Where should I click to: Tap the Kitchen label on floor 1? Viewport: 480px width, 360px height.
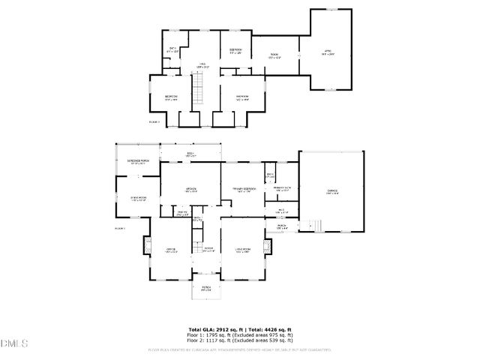[191, 189]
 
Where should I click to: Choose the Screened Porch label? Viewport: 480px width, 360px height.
[138, 161]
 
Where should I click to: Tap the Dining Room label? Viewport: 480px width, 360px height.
[138, 198]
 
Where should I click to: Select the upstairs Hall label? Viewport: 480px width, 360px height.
[202, 65]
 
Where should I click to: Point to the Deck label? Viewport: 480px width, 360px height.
[191, 155]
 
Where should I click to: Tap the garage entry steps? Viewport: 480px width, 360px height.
[316, 225]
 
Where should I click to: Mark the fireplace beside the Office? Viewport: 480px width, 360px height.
[147, 245]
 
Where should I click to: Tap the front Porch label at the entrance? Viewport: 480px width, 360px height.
[205, 287]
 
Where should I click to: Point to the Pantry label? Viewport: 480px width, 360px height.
[182, 214]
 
